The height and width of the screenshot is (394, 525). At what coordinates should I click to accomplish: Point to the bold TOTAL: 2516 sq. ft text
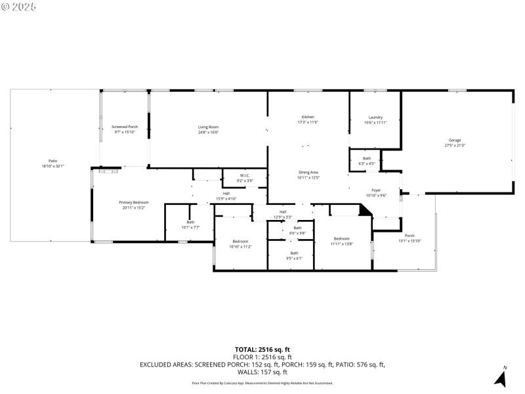tap(262, 349)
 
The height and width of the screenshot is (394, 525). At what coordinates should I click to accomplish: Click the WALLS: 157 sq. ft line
tap(262, 372)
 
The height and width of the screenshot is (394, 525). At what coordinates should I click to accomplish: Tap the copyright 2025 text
tap(20, 6)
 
